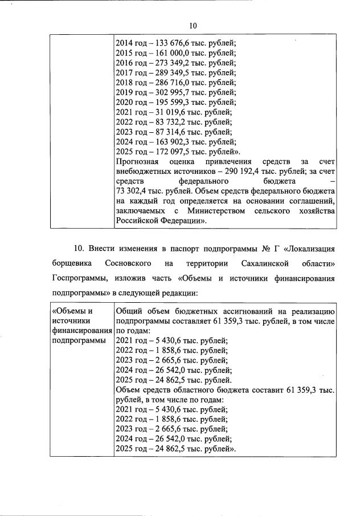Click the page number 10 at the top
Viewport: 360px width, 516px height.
(193, 25)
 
